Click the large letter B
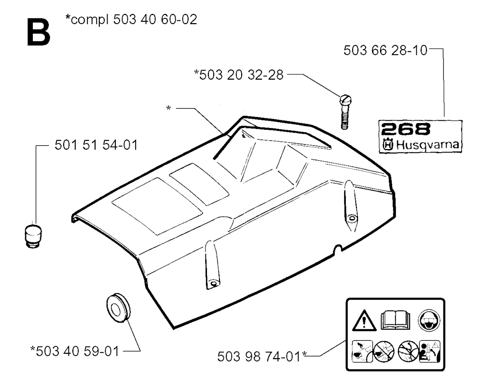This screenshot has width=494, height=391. pos(39,32)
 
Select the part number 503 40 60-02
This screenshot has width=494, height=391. pos(155,19)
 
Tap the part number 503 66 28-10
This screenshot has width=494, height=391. pos(385,51)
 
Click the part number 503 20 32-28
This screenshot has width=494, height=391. pos(241,75)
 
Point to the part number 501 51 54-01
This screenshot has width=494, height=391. pos(96,145)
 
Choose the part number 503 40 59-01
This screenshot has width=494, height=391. pos(78,351)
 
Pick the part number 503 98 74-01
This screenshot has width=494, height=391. pos(259,357)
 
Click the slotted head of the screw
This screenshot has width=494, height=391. pos(345,100)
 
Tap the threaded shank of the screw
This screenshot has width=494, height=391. pos(344,117)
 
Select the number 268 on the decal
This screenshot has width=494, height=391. pos(405,129)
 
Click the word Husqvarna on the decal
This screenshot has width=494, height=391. pos(427,145)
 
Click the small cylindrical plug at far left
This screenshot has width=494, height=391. pos(33,236)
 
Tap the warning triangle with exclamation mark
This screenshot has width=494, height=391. pos(364,321)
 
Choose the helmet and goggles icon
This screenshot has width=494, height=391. pos(429,321)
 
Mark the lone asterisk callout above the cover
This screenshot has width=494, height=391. pos(168,109)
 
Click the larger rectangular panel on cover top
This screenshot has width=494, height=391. pos(157,206)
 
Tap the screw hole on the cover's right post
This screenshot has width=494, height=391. pos(351,218)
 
